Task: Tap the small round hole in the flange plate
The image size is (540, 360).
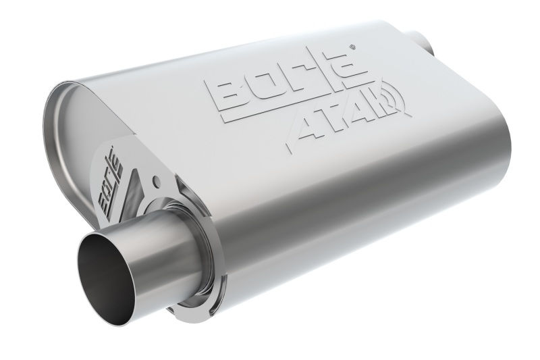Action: (157, 181)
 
